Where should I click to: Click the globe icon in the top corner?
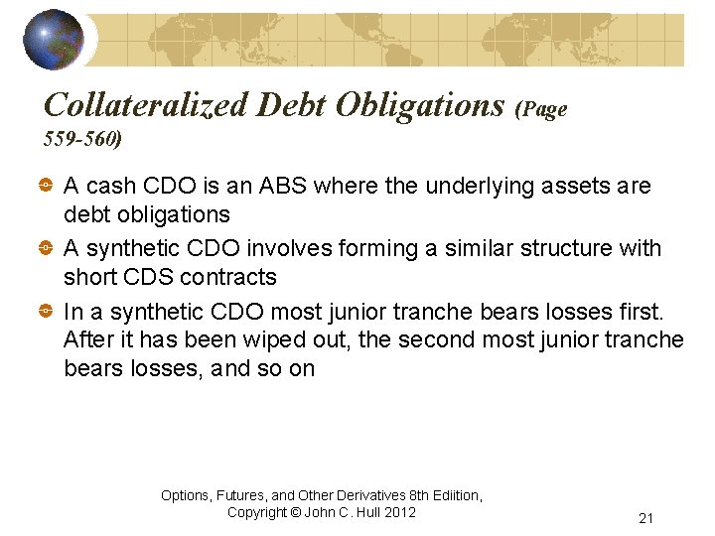click(54, 39)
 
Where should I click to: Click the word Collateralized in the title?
click(146, 104)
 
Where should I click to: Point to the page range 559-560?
click(82, 139)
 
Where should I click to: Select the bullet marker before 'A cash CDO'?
click(48, 187)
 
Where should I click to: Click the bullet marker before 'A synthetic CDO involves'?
click(48, 249)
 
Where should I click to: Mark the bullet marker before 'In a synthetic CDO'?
click(48, 312)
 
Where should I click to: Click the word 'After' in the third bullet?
click(87, 339)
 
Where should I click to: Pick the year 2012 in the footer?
click(399, 512)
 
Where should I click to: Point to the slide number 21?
click(645, 518)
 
